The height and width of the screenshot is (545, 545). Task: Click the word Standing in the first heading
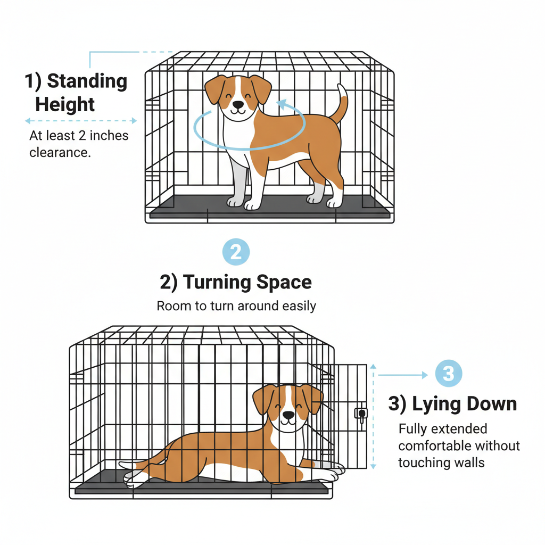point(87,81)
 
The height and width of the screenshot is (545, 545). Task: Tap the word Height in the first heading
point(65,104)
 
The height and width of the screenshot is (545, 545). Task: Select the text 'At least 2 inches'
point(79,136)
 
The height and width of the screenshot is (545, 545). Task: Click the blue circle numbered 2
point(236,252)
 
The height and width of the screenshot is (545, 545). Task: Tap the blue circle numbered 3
point(449,373)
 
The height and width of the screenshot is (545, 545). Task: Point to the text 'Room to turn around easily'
point(236,306)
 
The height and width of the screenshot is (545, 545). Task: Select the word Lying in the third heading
point(436,404)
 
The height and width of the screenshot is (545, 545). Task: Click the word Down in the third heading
point(492,404)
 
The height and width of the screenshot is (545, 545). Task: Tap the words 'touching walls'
point(441,463)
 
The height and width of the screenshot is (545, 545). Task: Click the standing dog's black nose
point(238,105)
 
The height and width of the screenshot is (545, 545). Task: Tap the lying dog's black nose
point(288,415)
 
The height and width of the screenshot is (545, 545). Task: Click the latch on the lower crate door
point(361,414)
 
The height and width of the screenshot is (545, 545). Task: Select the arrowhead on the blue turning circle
point(282,104)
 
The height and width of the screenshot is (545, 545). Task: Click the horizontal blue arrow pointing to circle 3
point(403,375)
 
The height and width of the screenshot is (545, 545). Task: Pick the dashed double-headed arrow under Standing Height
point(81,121)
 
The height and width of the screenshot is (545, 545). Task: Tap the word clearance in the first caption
point(60,153)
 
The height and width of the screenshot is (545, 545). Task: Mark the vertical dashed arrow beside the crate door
point(373,416)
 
